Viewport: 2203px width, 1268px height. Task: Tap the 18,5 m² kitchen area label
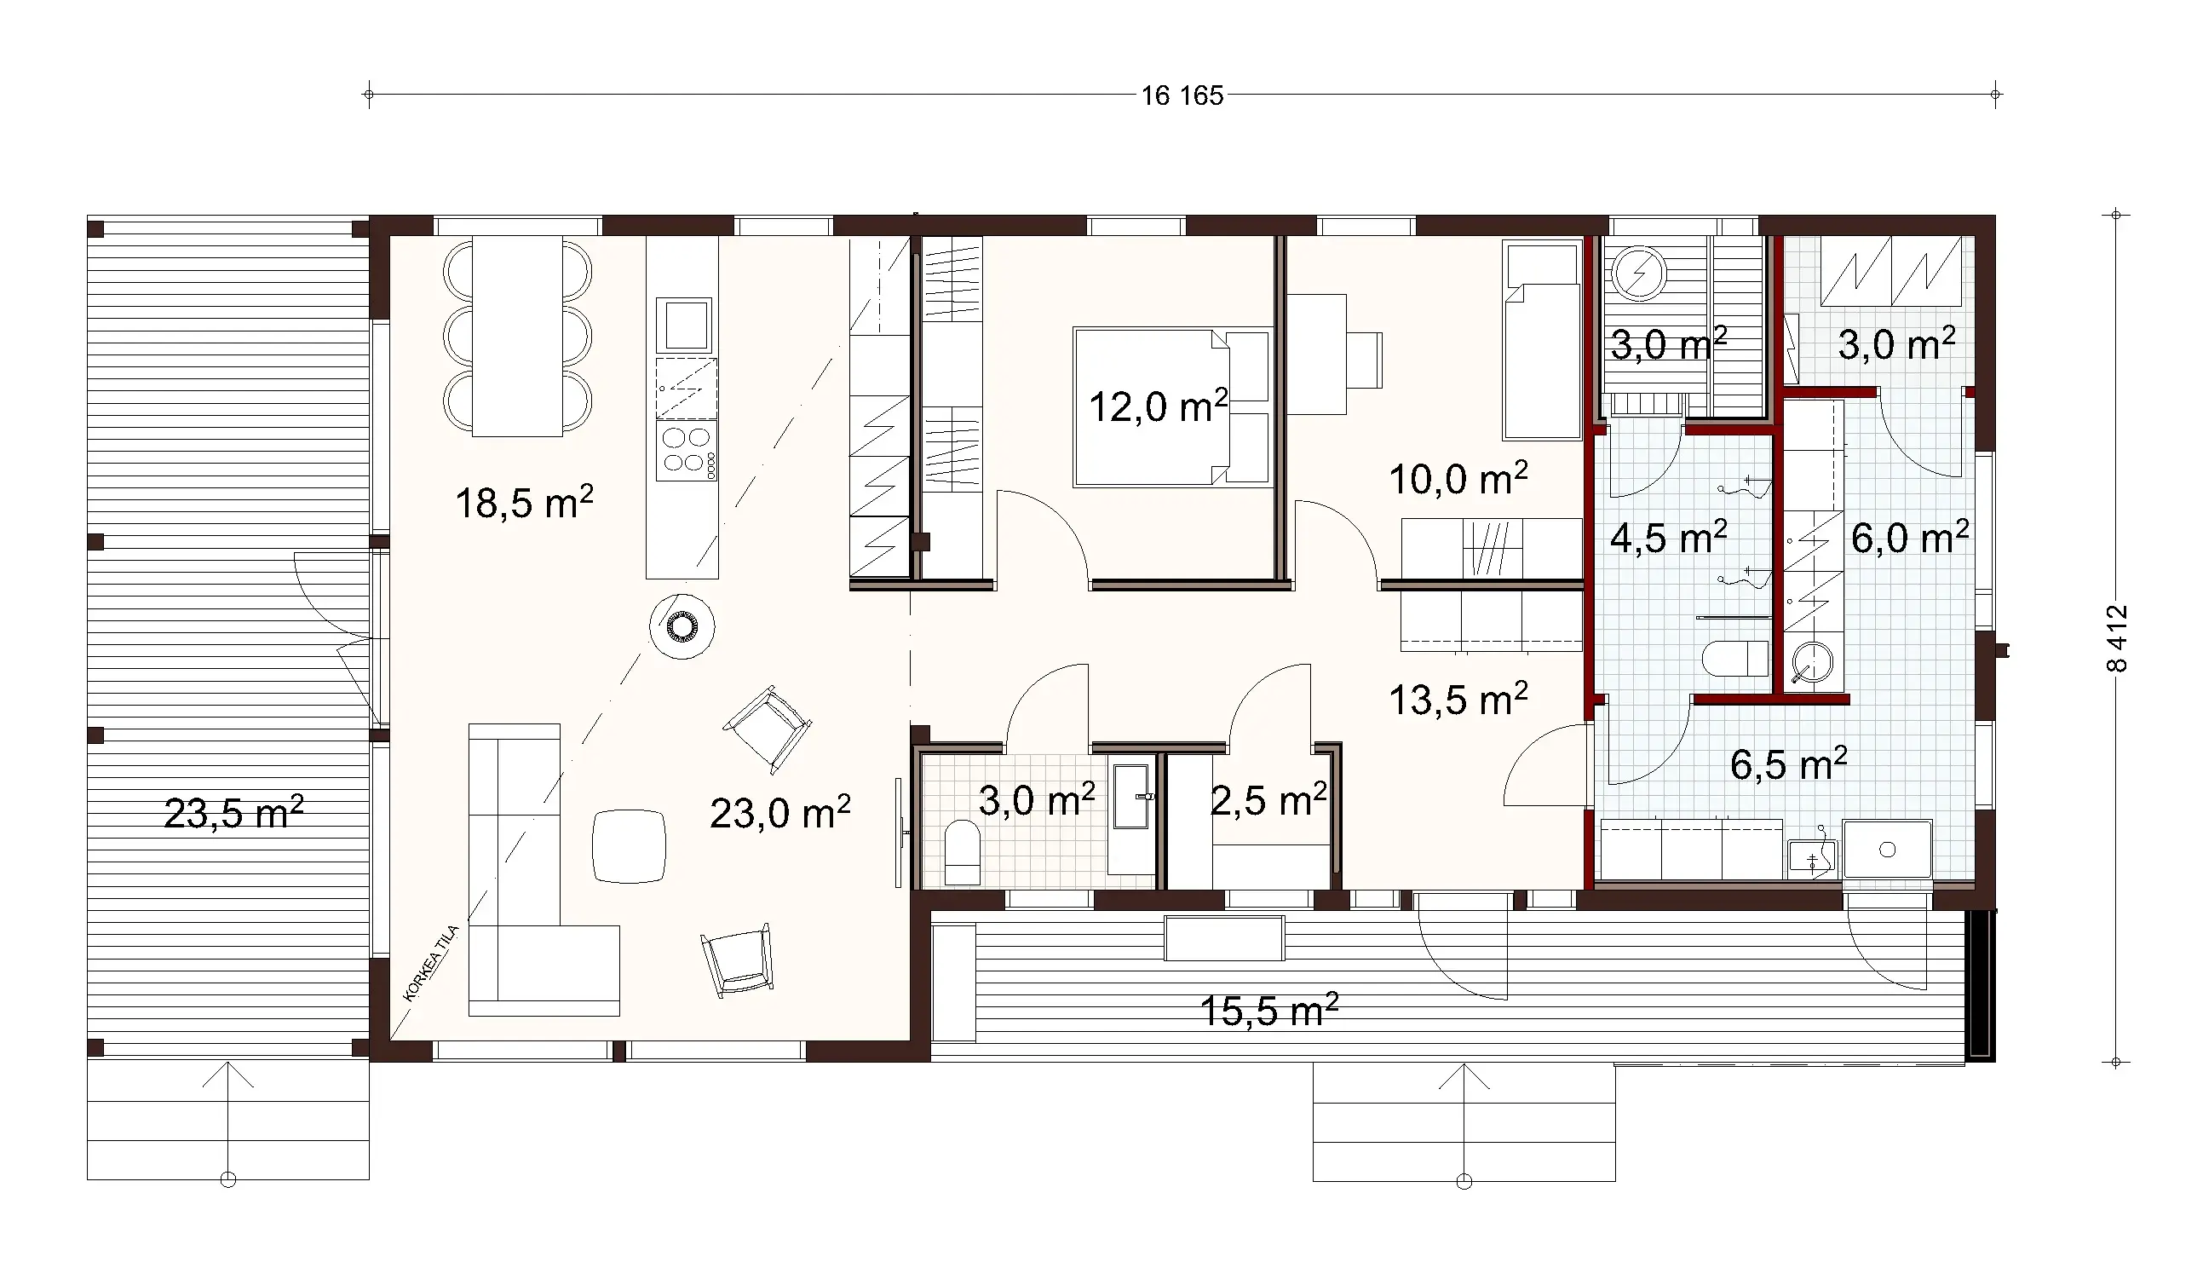pyautogui.click(x=524, y=503)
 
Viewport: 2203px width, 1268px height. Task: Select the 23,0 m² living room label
pyautogui.click(x=779, y=813)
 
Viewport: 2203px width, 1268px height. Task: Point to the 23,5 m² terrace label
pyautogui.click(x=233, y=813)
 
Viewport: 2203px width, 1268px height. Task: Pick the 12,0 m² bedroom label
pyautogui.click(x=1158, y=406)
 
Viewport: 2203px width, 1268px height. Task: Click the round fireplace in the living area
pyautogui.click(x=682, y=626)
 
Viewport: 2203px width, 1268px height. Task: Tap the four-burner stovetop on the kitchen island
pyautogui.click(x=687, y=449)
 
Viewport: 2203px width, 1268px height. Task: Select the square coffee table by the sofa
pyautogui.click(x=630, y=845)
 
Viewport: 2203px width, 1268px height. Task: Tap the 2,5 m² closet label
pyautogui.click(x=1268, y=799)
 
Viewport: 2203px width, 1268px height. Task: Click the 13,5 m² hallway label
pyautogui.click(x=1458, y=700)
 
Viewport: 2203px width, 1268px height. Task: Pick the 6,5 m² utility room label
pyautogui.click(x=1788, y=764)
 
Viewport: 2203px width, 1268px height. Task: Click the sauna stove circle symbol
pyautogui.click(x=1639, y=275)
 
